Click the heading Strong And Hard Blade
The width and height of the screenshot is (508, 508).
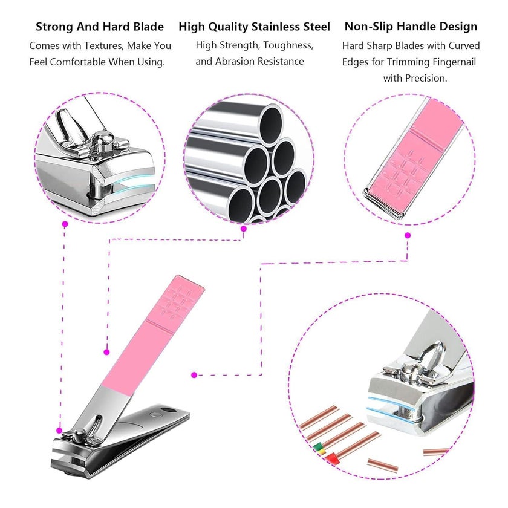pyautogui.click(x=100, y=27)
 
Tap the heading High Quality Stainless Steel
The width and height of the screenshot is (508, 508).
pyautogui.click(x=255, y=27)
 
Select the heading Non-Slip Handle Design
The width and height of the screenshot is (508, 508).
pyautogui.click(x=411, y=27)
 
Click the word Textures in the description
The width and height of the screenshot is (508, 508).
pyautogui.click(x=103, y=46)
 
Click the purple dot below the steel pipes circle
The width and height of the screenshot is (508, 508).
pyautogui.click(x=244, y=229)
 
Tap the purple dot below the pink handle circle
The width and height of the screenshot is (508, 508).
pyautogui.click(x=408, y=235)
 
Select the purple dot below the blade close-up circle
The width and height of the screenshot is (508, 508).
pyautogui.click(x=65, y=224)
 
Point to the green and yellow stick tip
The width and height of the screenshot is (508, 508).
pyautogui.click(x=319, y=449)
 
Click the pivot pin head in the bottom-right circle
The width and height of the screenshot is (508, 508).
pyautogui.click(x=409, y=370)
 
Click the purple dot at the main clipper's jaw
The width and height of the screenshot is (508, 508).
pyautogui.click(x=59, y=431)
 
